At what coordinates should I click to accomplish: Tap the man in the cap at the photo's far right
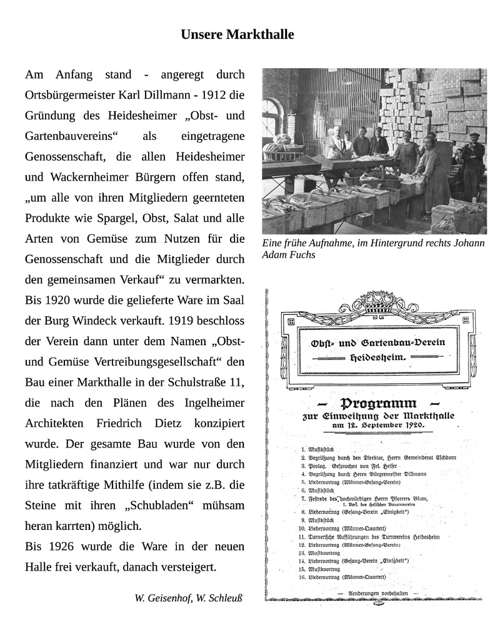point(473,156)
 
